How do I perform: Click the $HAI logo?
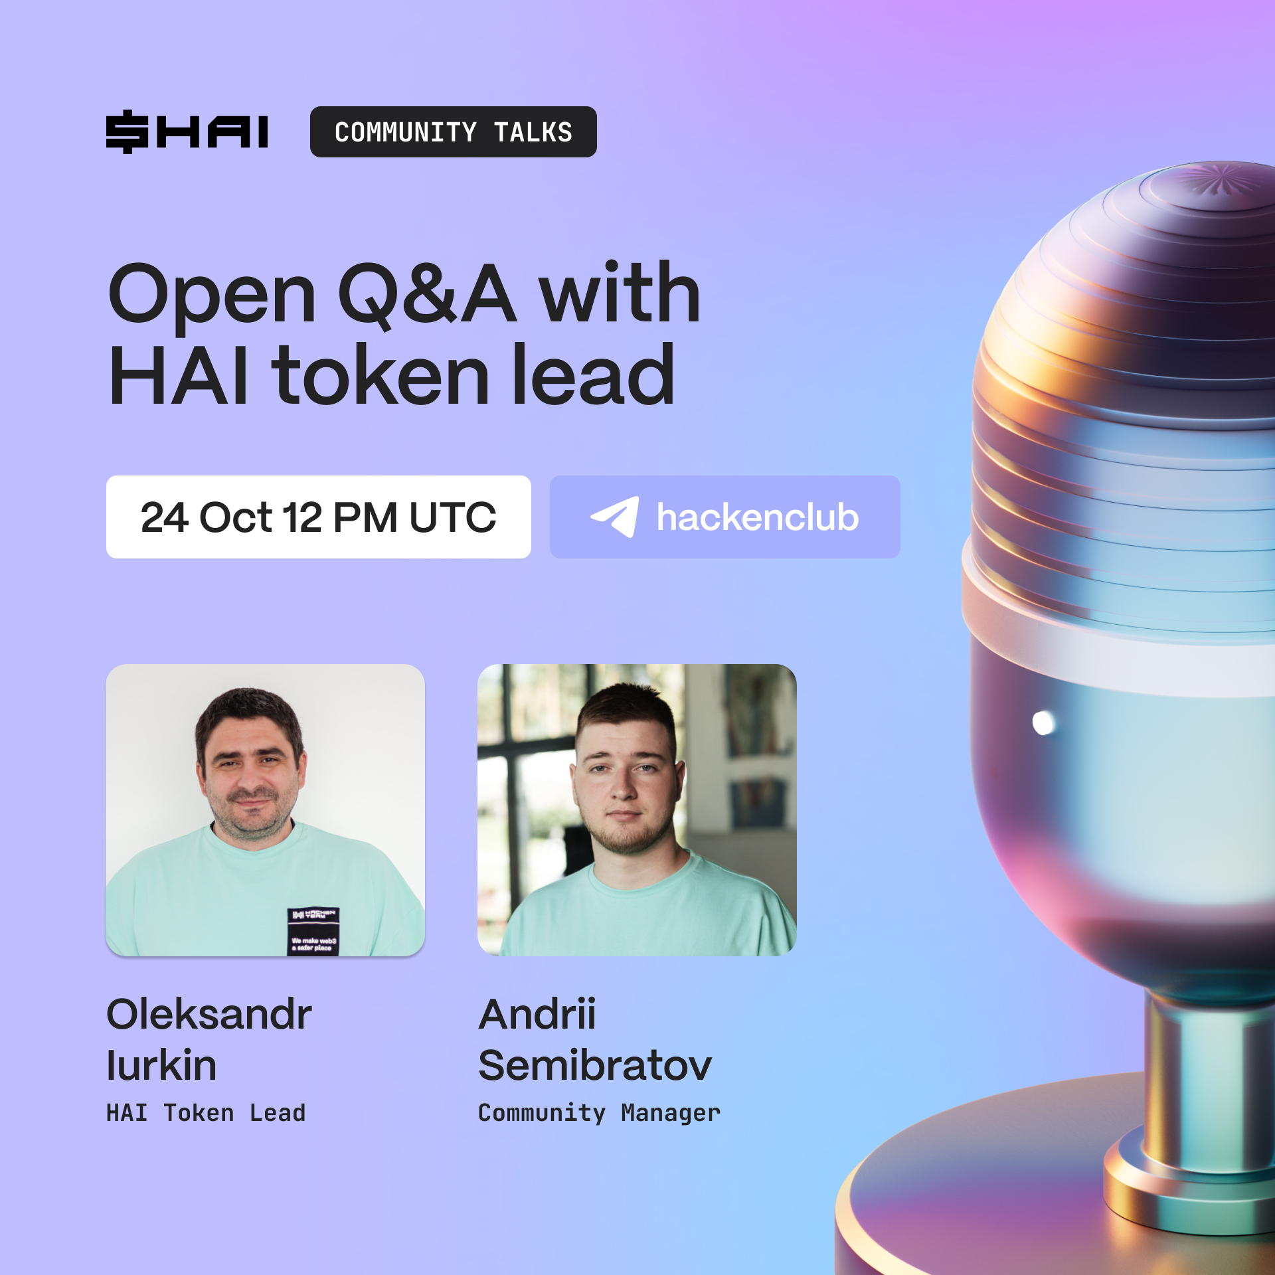tap(187, 131)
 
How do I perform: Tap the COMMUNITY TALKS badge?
tap(453, 131)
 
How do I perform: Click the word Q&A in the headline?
tap(427, 294)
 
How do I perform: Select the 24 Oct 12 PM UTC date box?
tap(318, 517)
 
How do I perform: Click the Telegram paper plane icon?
tap(615, 517)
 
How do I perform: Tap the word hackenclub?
tap(758, 517)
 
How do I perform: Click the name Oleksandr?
tap(209, 1014)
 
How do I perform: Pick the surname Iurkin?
tap(161, 1065)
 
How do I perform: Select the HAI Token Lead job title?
tap(206, 1113)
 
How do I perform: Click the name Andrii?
tap(537, 1014)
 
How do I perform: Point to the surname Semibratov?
tap(595, 1065)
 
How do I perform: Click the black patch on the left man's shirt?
tap(313, 931)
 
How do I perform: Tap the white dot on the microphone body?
tap(1043, 722)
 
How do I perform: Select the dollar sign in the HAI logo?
tap(127, 131)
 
